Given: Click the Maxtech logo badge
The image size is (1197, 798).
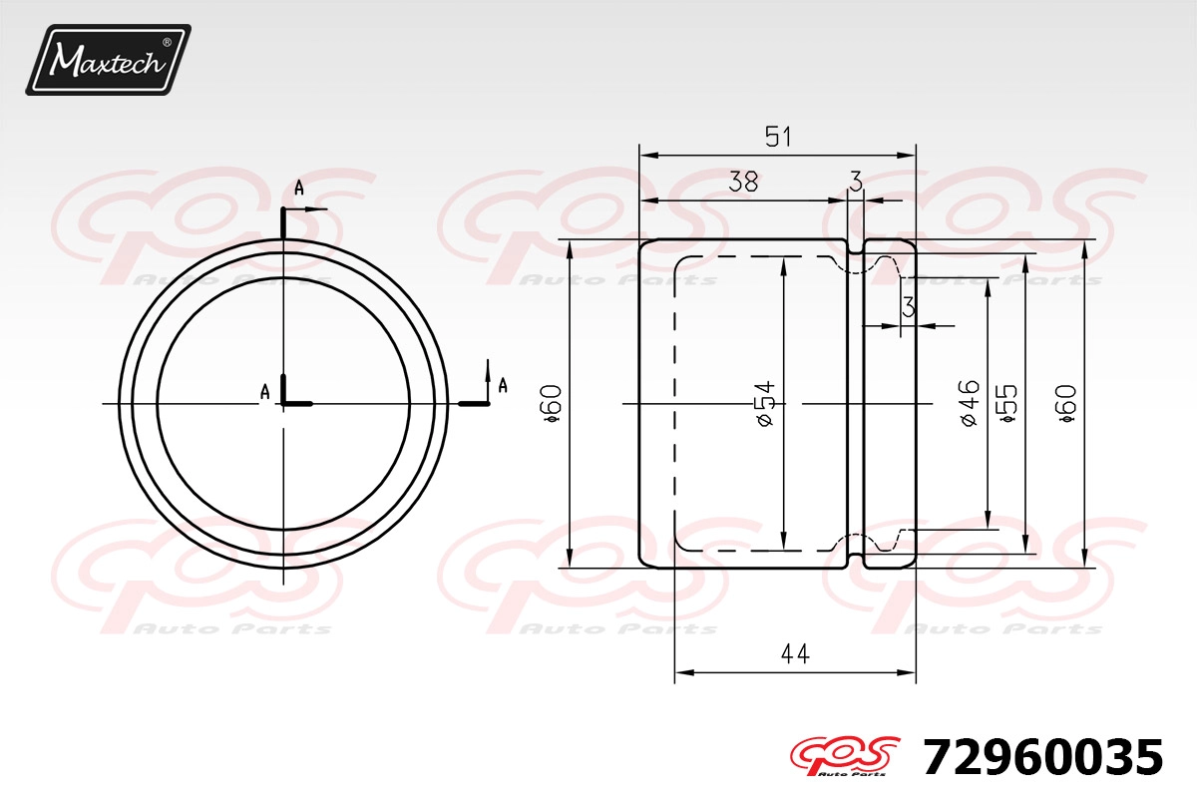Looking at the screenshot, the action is click(109, 60).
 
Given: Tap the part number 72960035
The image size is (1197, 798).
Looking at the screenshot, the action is click(1042, 757).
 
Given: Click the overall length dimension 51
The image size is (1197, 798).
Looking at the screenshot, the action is click(777, 137).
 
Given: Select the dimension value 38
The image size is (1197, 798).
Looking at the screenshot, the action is click(743, 182).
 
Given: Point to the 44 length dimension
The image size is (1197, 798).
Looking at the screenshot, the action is click(795, 653).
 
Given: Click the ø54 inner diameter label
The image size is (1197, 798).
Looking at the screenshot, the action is click(765, 404).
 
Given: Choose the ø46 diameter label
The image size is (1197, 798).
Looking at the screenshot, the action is click(970, 403).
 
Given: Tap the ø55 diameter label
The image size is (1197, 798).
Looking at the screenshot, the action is click(1007, 404).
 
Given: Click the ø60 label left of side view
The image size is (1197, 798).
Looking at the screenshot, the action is click(552, 404).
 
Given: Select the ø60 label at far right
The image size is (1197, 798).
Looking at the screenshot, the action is click(1066, 405).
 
